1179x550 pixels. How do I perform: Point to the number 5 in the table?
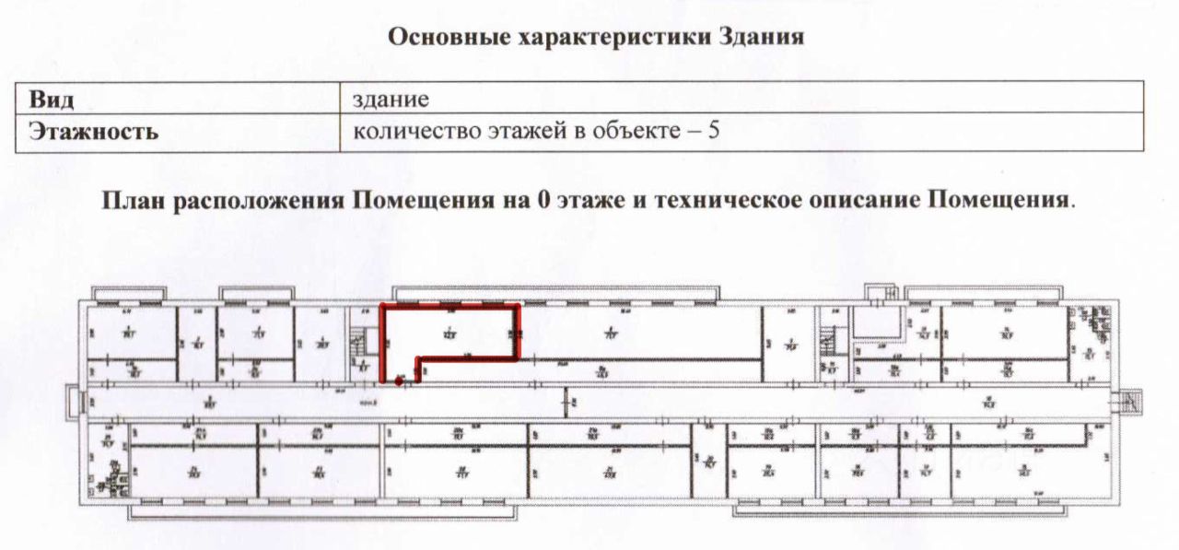pos(713,131)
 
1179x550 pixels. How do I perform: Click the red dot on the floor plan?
pos(399,380)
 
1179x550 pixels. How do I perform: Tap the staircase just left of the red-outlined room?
pos(364,345)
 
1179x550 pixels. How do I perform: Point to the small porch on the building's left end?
pos(74,403)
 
